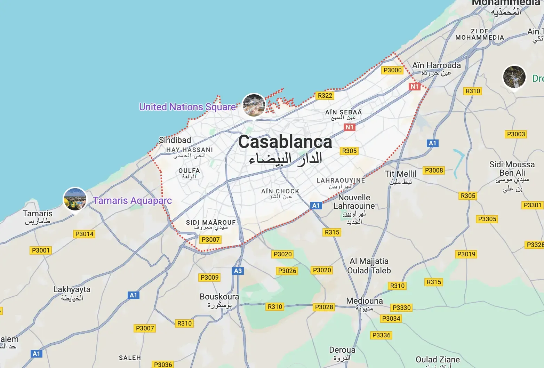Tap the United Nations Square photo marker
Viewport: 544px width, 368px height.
click(254, 105)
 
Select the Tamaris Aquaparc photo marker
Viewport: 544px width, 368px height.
click(75, 199)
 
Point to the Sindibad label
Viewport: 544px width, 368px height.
click(175, 140)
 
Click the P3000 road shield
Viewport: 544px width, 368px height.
click(392, 70)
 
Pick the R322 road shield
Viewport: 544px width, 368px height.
click(325, 96)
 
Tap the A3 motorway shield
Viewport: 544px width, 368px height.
click(238, 271)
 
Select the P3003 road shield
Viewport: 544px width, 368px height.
click(516, 134)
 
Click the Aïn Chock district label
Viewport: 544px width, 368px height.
click(280, 191)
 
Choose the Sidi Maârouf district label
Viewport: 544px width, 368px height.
click(211, 223)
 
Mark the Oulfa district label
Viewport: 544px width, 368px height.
click(189, 171)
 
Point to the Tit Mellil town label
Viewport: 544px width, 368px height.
click(400, 174)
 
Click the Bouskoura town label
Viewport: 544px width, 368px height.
click(219, 297)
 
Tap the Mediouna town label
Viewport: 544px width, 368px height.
click(364, 301)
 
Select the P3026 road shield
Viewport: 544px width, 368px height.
click(287, 271)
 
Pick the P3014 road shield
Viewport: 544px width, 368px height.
click(85, 234)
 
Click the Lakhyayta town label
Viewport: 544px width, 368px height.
click(72, 290)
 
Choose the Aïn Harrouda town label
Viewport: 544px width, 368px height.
click(436, 66)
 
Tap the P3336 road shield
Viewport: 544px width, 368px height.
click(381, 335)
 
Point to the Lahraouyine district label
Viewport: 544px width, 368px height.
click(341, 181)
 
